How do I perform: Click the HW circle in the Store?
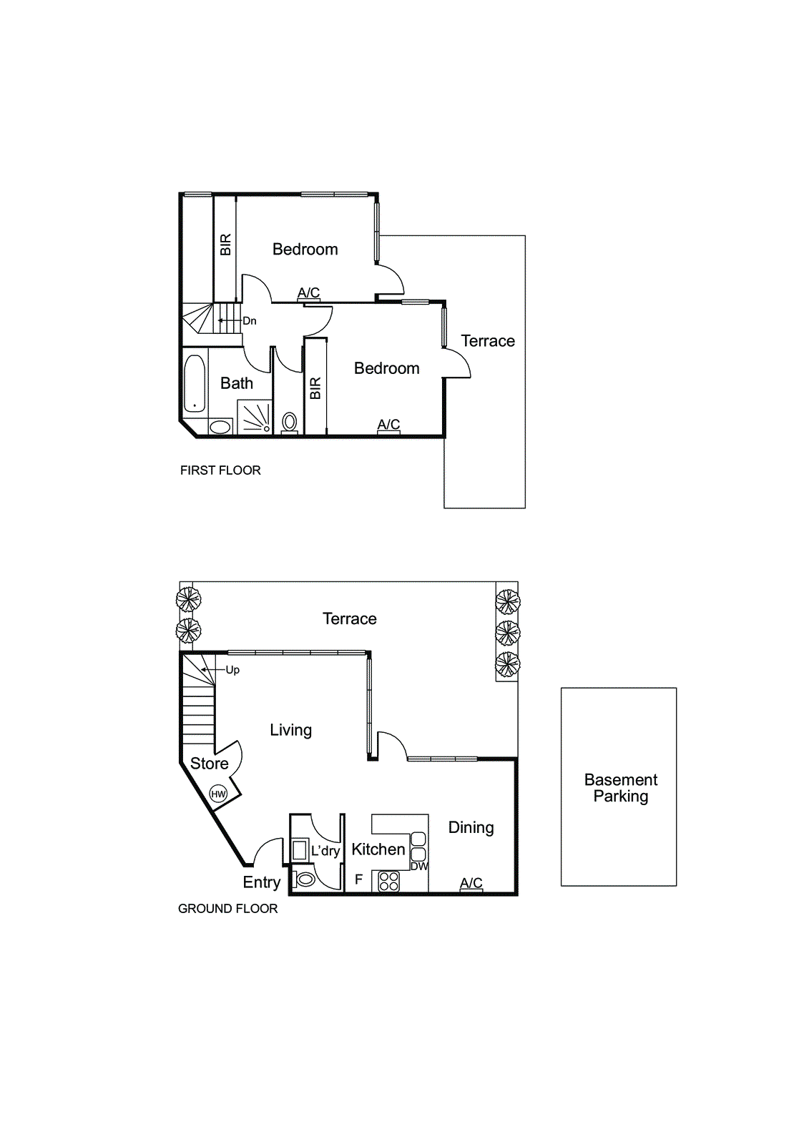point(218,794)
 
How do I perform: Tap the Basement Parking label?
point(620,788)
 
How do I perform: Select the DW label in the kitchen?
point(419,866)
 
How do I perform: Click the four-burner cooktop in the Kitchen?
point(388,881)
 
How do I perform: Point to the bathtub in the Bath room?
point(195,384)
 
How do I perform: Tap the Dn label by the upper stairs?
point(249,321)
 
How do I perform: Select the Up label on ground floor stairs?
point(232,670)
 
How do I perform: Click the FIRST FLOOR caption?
point(220,470)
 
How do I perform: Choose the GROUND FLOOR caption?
point(227,909)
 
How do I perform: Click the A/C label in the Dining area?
point(471,883)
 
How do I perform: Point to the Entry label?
point(261,882)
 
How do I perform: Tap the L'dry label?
point(325,851)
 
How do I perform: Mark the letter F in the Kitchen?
point(359,879)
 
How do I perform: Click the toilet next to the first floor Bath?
point(290,422)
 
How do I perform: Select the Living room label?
point(290,730)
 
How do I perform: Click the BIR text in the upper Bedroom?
point(225,245)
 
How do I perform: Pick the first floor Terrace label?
point(488,341)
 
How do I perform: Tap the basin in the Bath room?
point(220,427)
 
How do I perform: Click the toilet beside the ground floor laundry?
point(305,879)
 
